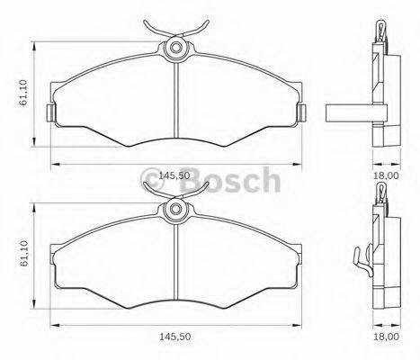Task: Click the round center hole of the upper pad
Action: click(176, 46)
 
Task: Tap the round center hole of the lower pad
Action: click(176, 210)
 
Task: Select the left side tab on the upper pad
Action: click(51, 112)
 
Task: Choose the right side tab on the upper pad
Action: click(302, 112)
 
